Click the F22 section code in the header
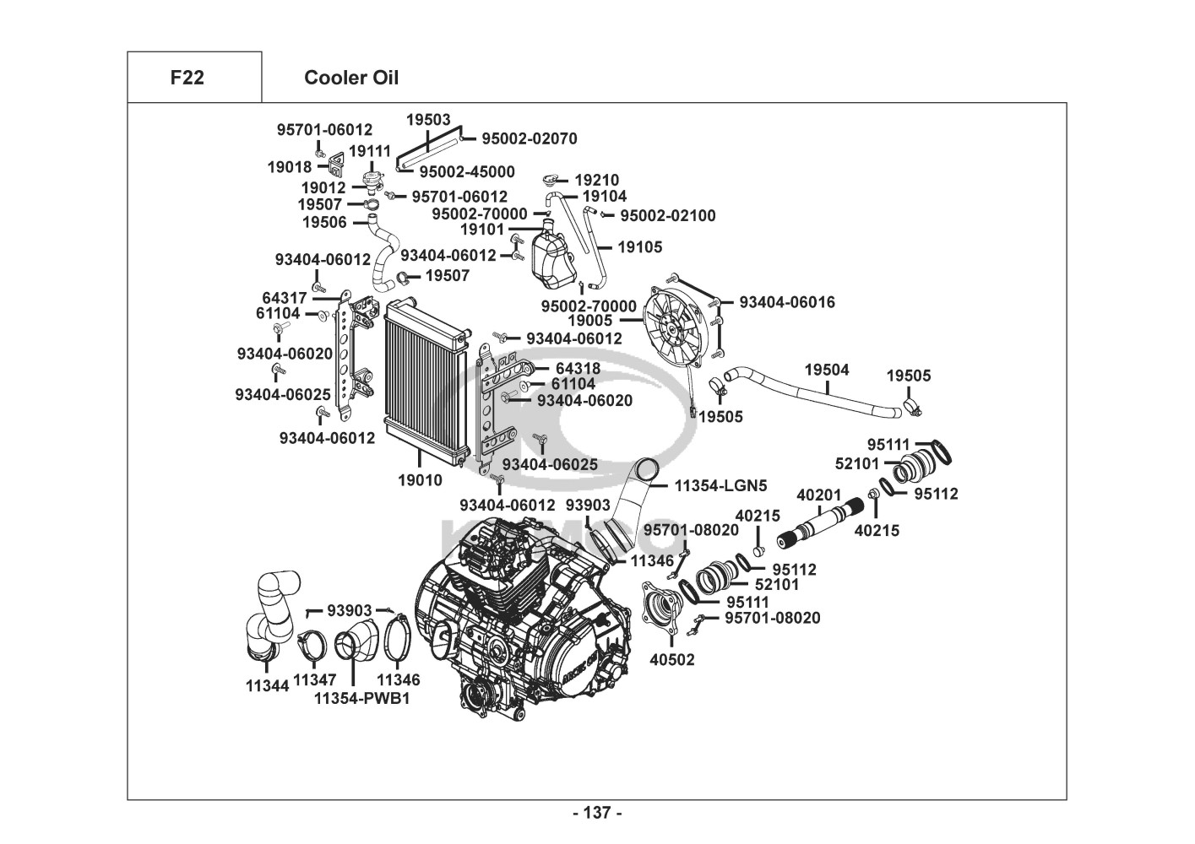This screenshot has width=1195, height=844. (187, 78)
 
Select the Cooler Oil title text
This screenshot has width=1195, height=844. (351, 78)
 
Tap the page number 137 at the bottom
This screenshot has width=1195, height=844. (597, 813)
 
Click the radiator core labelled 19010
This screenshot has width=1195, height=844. (422, 384)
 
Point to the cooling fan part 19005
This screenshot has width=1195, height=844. (674, 325)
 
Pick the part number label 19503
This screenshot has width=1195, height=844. (428, 120)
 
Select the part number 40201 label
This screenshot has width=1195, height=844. (819, 495)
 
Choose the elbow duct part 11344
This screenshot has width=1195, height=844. (269, 616)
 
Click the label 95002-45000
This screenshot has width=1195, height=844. (467, 171)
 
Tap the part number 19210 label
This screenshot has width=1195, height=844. (596, 180)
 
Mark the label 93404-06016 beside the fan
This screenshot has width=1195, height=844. (786, 301)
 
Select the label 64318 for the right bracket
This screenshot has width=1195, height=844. (578, 368)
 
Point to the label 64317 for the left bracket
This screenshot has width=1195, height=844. (285, 297)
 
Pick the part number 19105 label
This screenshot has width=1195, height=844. (640, 247)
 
